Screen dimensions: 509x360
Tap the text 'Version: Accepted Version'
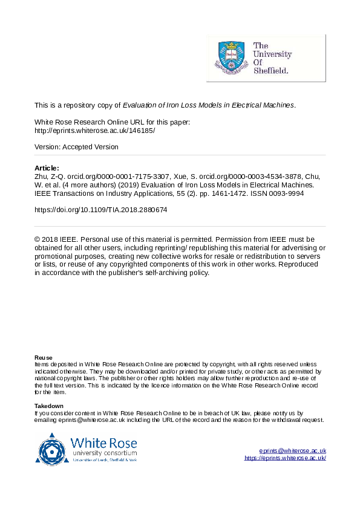pyautogui.click(x=76, y=147)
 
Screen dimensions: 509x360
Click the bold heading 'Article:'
pyautogui.click(x=47, y=167)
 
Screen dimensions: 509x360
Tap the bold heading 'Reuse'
pyautogui.click(x=43, y=358)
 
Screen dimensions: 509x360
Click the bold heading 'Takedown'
pyautogui.click(x=49, y=406)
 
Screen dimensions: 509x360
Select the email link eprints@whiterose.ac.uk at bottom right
pyautogui.click(x=293, y=451)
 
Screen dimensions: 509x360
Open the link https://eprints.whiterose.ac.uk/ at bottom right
pyautogui.click(x=286, y=458)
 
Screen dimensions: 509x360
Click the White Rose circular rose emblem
pyautogui.click(x=52, y=448)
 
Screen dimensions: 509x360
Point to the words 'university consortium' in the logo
pyautogui.click(x=103, y=453)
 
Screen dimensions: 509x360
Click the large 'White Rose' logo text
pyautogui.click(x=103, y=442)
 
